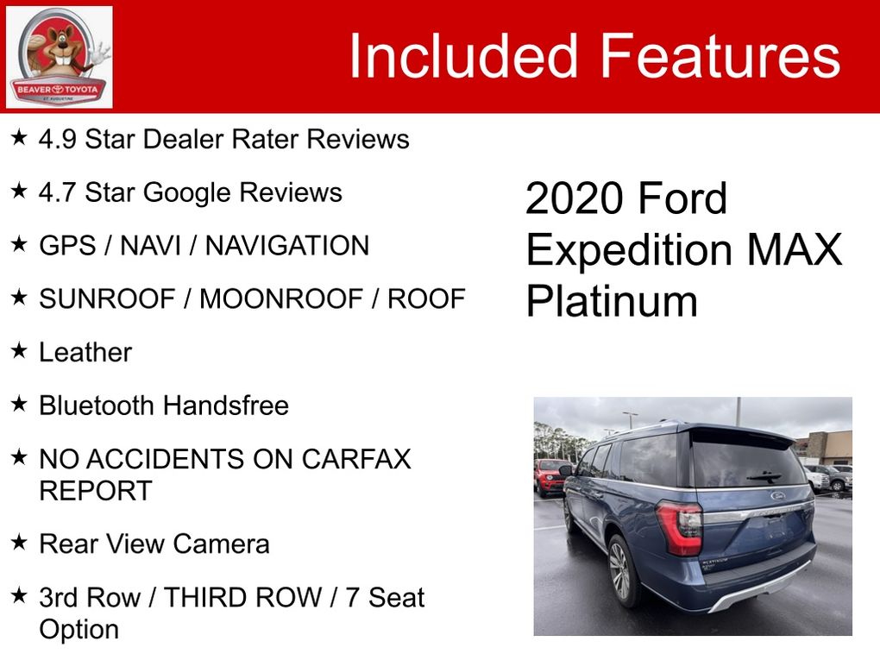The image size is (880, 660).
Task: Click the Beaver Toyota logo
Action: coord(59,57)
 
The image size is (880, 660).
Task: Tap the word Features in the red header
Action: coord(720,55)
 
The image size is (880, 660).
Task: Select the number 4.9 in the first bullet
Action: coord(57,139)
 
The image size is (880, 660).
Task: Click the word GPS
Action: coord(67,246)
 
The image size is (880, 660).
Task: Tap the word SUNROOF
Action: coord(107,299)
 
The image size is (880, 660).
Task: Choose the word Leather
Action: coord(85,353)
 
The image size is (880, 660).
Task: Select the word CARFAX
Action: coord(355,459)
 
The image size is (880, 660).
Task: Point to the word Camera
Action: coord(221,544)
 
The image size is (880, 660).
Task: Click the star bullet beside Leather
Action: coord(19,351)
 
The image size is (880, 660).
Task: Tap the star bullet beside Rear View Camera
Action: coord(19,542)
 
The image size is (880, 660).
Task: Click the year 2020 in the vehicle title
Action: coord(574,198)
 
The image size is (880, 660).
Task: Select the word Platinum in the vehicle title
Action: coord(612,301)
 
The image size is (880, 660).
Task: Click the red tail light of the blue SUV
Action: coord(680,527)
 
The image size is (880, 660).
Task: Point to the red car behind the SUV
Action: coord(550,477)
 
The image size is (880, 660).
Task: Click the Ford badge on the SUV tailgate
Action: coord(778,495)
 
